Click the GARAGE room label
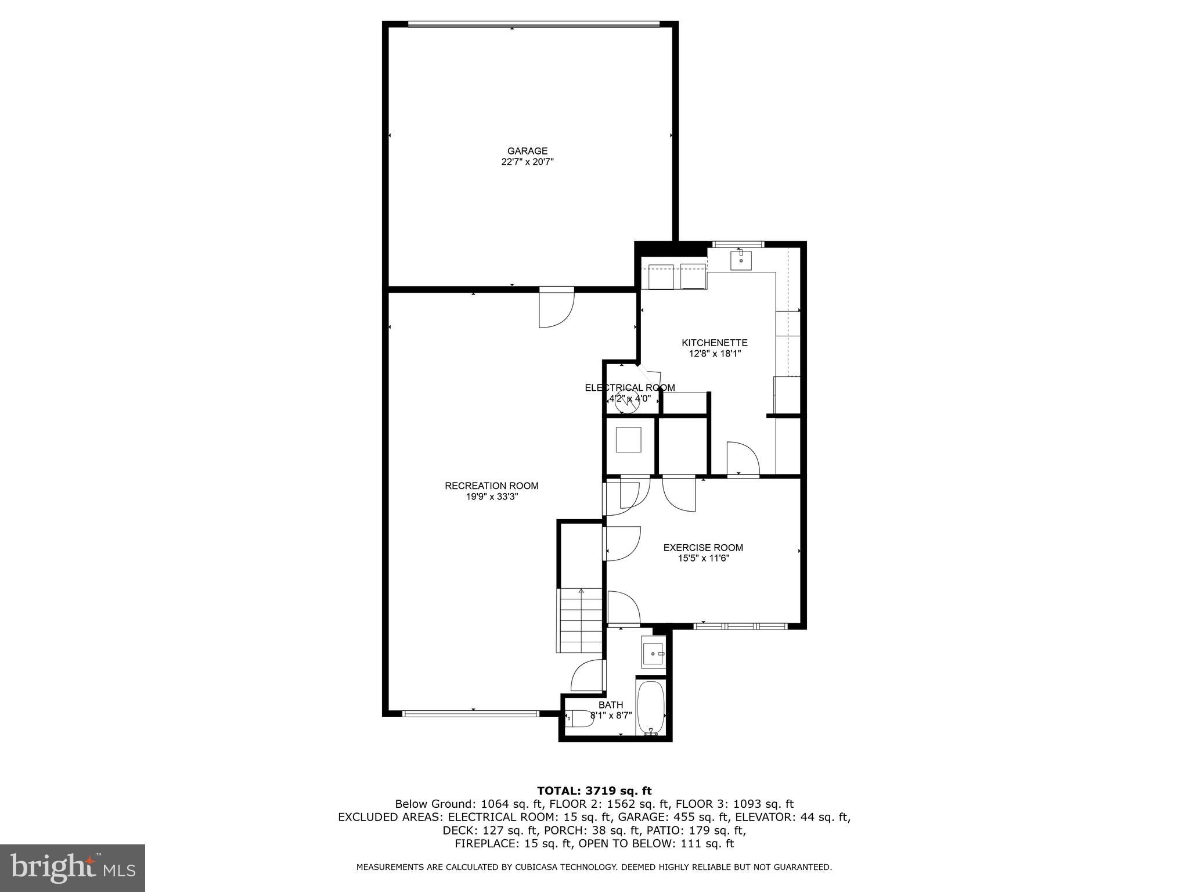click(527, 151)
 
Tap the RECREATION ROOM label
click(492, 485)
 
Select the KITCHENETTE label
click(715, 343)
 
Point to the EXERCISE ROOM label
click(703, 547)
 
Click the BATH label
click(611, 705)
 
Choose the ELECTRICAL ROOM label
click(630, 387)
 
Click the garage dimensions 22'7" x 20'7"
click(527, 162)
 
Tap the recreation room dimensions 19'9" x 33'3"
click(492, 497)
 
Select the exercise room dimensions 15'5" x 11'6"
click(703, 558)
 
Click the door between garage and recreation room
click(557, 307)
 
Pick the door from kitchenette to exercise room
click(743, 459)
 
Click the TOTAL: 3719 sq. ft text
click(594, 790)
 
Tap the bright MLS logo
click(73, 868)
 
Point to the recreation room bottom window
click(470, 714)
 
